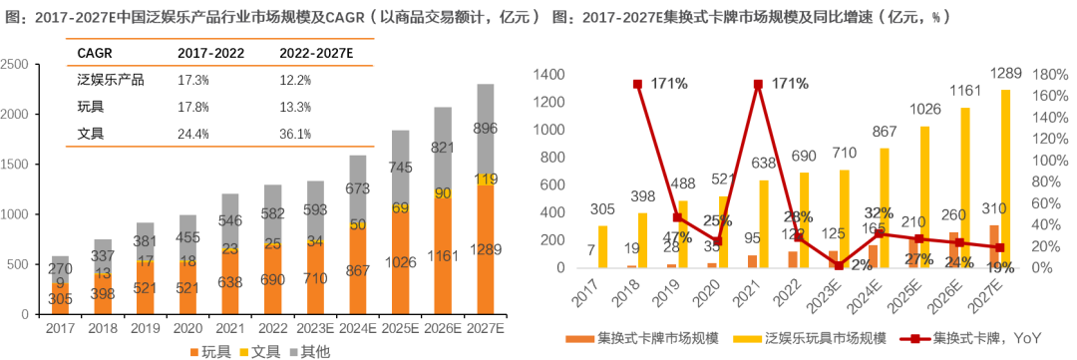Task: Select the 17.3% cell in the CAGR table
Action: click(x=192, y=80)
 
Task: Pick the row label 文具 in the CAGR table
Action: click(x=91, y=134)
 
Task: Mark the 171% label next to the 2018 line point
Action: click(x=668, y=84)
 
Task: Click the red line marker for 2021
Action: click(x=759, y=85)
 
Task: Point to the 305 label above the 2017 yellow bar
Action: click(x=601, y=208)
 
